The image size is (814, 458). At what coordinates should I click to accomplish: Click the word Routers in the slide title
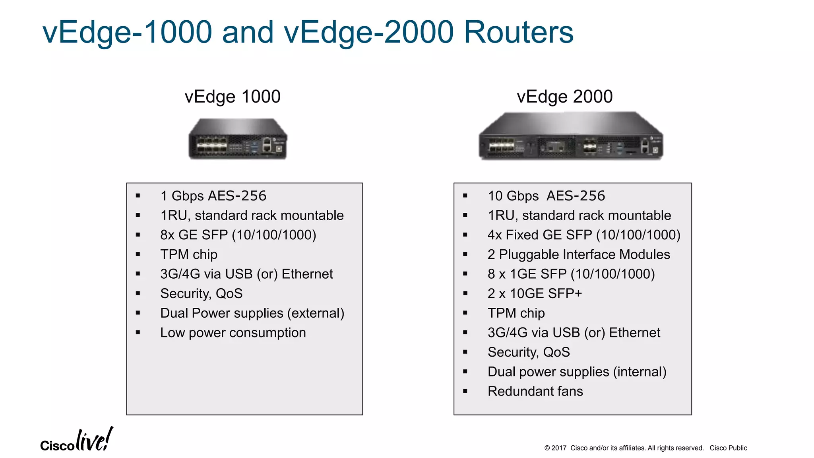click(519, 32)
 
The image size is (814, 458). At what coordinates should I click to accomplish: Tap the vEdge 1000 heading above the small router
click(233, 97)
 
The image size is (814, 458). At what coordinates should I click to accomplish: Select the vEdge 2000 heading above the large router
click(564, 97)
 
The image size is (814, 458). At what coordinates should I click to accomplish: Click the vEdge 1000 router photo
click(238, 139)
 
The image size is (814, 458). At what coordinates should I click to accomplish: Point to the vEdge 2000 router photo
click(571, 136)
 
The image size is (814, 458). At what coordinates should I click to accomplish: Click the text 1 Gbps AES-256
click(213, 196)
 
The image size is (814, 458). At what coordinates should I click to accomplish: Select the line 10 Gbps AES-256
click(546, 196)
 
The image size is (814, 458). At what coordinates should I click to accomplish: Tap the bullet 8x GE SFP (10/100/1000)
click(238, 235)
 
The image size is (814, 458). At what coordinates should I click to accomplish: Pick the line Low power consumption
click(233, 333)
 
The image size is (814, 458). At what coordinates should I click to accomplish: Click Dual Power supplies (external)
click(252, 313)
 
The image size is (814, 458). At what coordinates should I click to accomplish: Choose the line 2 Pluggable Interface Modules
click(579, 254)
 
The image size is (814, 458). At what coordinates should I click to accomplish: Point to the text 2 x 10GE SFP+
click(535, 294)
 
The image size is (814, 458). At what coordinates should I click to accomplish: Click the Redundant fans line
click(535, 392)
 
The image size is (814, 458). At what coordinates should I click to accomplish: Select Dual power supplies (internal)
click(577, 372)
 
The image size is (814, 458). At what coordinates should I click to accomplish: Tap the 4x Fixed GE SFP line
click(584, 235)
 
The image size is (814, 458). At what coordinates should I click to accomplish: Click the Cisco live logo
click(77, 441)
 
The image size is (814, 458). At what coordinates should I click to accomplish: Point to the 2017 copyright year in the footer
click(558, 448)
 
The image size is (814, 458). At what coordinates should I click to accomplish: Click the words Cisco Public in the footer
click(728, 448)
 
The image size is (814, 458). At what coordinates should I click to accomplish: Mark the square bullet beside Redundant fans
click(465, 392)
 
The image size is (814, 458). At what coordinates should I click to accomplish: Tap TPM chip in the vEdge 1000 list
click(189, 254)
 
